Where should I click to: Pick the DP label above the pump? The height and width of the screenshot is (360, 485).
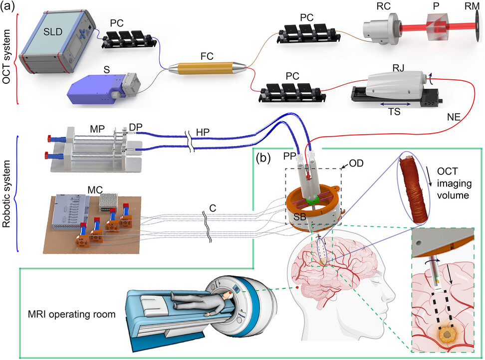pyautogui.click(x=135, y=128)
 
